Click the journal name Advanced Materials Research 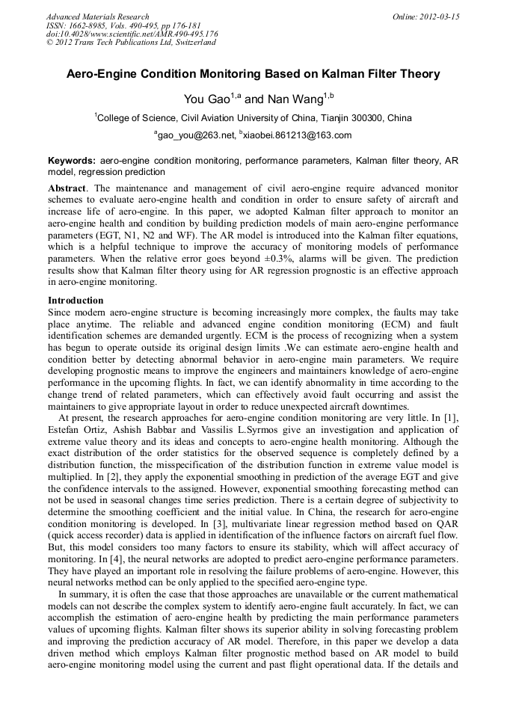[97, 16]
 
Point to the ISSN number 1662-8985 [88, 25]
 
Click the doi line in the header [132, 34]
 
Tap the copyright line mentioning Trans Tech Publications [131, 43]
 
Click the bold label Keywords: [72, 161]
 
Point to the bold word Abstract [68, 188]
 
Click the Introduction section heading [76, 301]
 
